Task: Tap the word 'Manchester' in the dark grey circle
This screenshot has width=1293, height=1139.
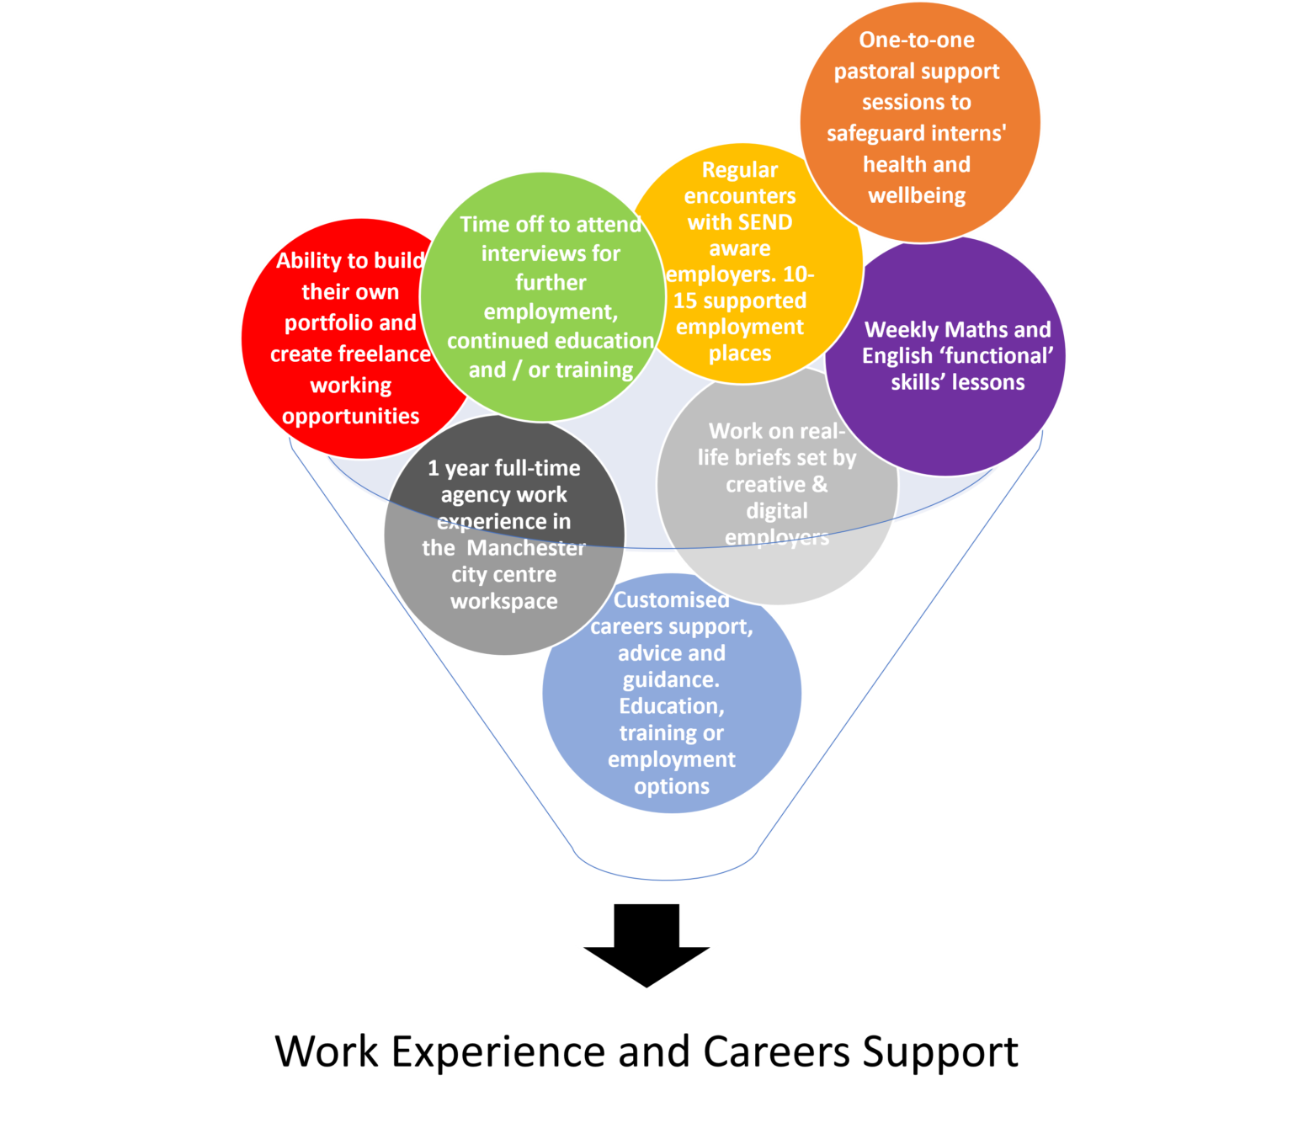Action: [526, 548]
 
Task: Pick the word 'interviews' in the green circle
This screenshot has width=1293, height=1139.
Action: [551, 253]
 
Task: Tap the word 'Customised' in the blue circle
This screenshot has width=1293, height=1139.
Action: [671, 599]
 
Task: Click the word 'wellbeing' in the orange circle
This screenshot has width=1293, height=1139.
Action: [917, 195]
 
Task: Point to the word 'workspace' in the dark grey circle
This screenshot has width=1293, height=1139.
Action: [503, 601]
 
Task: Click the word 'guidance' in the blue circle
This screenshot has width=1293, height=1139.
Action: [670, 679]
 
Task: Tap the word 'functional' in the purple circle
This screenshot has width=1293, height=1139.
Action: [999, 356]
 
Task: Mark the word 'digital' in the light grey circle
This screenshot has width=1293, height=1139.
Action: [776, 511]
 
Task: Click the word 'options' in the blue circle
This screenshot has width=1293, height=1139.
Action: [672, 786]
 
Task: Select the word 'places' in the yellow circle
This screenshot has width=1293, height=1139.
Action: [739, 353]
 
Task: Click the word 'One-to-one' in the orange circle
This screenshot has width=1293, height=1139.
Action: [917, 40]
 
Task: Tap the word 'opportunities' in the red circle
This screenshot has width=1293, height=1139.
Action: [350, 416]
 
